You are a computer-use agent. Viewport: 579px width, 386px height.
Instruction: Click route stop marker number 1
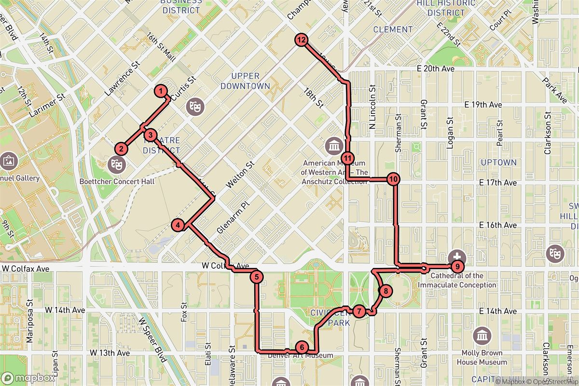click(160, 91)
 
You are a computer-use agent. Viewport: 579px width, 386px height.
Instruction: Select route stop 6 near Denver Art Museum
click(301, 347)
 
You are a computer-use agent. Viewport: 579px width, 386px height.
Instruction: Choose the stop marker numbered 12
click(302, 41)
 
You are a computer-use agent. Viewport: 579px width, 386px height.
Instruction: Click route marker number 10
click(394, 179)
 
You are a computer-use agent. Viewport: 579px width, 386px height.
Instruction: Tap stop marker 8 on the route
click(386, 291)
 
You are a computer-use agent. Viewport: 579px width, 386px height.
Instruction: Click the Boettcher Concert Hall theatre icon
click(116, 164)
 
